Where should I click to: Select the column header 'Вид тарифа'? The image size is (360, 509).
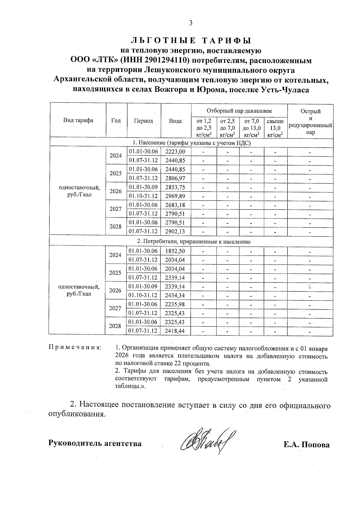tap(78, 121)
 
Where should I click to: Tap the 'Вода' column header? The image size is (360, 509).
tap(175, 121)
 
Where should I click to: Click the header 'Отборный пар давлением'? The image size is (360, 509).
tap(239, 111)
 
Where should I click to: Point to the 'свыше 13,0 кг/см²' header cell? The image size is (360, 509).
tap(275, 128)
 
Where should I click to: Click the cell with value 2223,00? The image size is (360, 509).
tap(175, 151)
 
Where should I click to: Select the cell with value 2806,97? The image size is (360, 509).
tap(175, 178)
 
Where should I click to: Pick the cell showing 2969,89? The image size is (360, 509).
tap(175, 196)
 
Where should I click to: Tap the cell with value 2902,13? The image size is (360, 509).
tap(175, 232)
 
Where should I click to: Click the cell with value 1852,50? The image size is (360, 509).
tap(175, 251)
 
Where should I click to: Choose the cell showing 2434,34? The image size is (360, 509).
tap(175, 295)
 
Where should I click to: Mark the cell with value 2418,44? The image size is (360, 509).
tap(175, 331)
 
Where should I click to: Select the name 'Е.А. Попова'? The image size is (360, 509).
tap(306, 445)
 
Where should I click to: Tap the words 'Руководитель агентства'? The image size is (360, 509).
tap(95, 443)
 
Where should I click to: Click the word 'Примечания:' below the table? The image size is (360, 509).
tap(75, 348)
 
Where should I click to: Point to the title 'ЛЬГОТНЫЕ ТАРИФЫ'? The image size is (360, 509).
tap(191, 40)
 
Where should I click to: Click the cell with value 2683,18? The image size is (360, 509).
tap(175, 205)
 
